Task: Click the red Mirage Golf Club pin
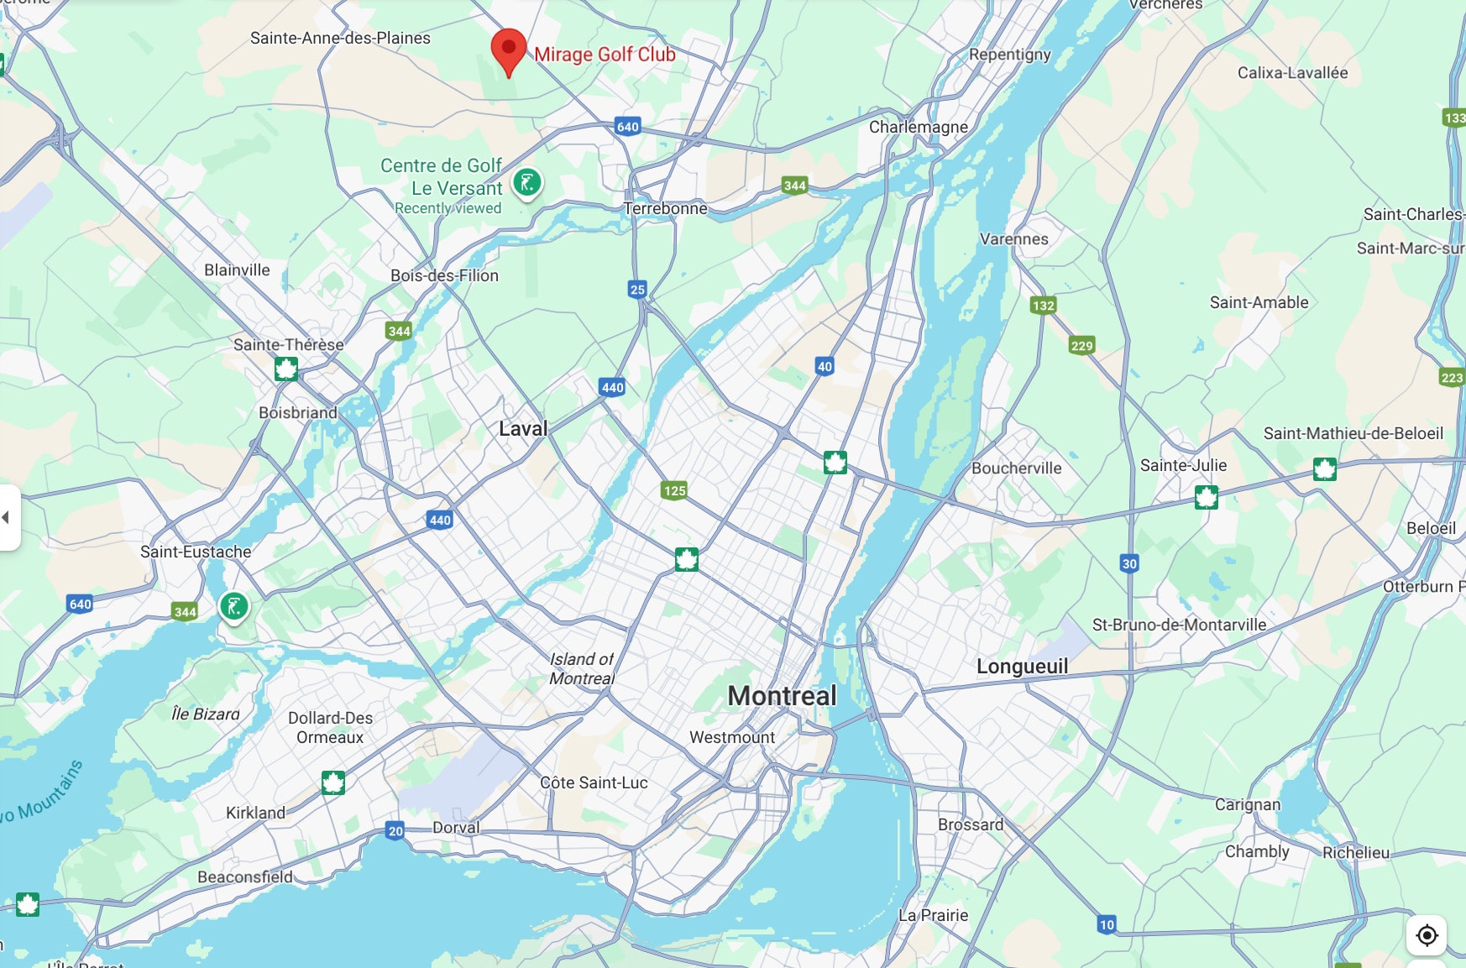click(508, 49)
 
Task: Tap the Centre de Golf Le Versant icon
click(527, 182)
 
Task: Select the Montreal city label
click(782, 695)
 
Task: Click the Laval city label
click(522, 429)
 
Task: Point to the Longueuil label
click(1022, 667)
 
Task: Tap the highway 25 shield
click(637, 290)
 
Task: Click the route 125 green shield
click(674, 490)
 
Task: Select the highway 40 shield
click(825, 366)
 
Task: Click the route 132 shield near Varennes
click(1043, 306)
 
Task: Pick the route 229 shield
click(1081, 346)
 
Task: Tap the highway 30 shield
click(1129, 563)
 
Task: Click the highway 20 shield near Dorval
click(395, 831)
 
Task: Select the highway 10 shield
click(1107, 924)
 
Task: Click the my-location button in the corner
click(1427, 935)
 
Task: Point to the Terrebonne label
click(665, 208)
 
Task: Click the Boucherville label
click(1016, 468)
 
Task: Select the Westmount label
click(732, 737)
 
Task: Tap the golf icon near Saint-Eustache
click(234, 605)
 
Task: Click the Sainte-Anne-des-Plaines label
click(340, 38)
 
